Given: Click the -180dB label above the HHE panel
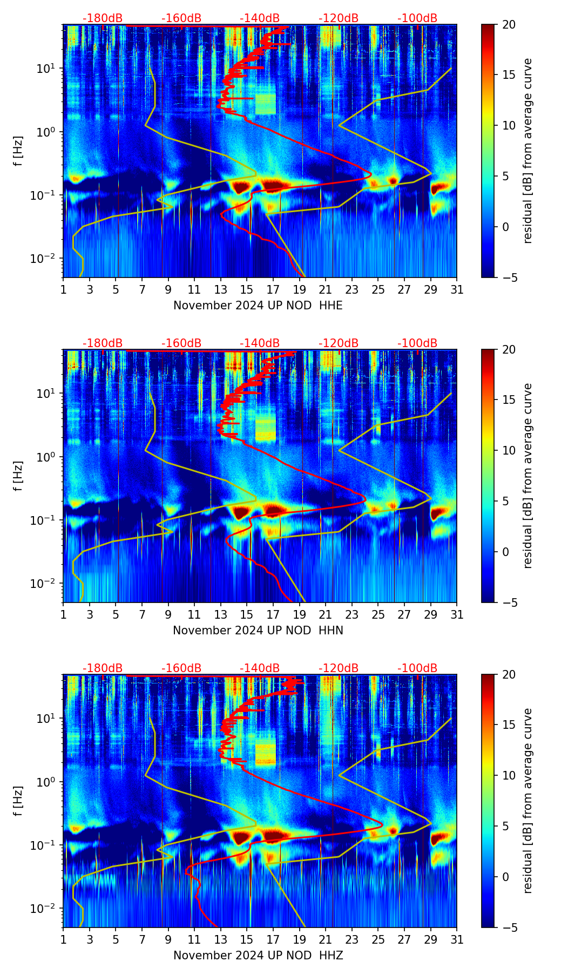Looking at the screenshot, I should tap(103, 18).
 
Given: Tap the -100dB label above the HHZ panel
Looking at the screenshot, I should tap(417, 668).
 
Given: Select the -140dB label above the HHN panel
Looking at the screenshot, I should tap(260, 343).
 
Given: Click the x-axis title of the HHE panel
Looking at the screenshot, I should tap(258, 306).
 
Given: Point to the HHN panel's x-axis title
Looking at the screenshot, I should tap(258, 631).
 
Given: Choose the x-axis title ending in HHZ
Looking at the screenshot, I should tap(258, 956).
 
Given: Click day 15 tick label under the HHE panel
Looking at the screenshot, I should tap(247, 290).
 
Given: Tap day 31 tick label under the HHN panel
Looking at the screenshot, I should tap(457, 615).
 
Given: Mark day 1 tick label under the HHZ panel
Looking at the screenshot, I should tap(64, 940).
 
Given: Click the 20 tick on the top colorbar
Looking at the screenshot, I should tap(509, 25).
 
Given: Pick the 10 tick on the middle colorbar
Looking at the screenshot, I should tap(509, 450).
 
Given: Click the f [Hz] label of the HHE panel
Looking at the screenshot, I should tap(18, 151).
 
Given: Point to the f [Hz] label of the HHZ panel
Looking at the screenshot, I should tap(18, 801).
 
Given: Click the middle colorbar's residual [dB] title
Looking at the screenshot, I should tap(528, 476).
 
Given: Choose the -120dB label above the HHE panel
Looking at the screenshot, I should tap(339, 18).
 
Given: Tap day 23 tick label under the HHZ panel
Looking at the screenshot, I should tap(352, 940).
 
